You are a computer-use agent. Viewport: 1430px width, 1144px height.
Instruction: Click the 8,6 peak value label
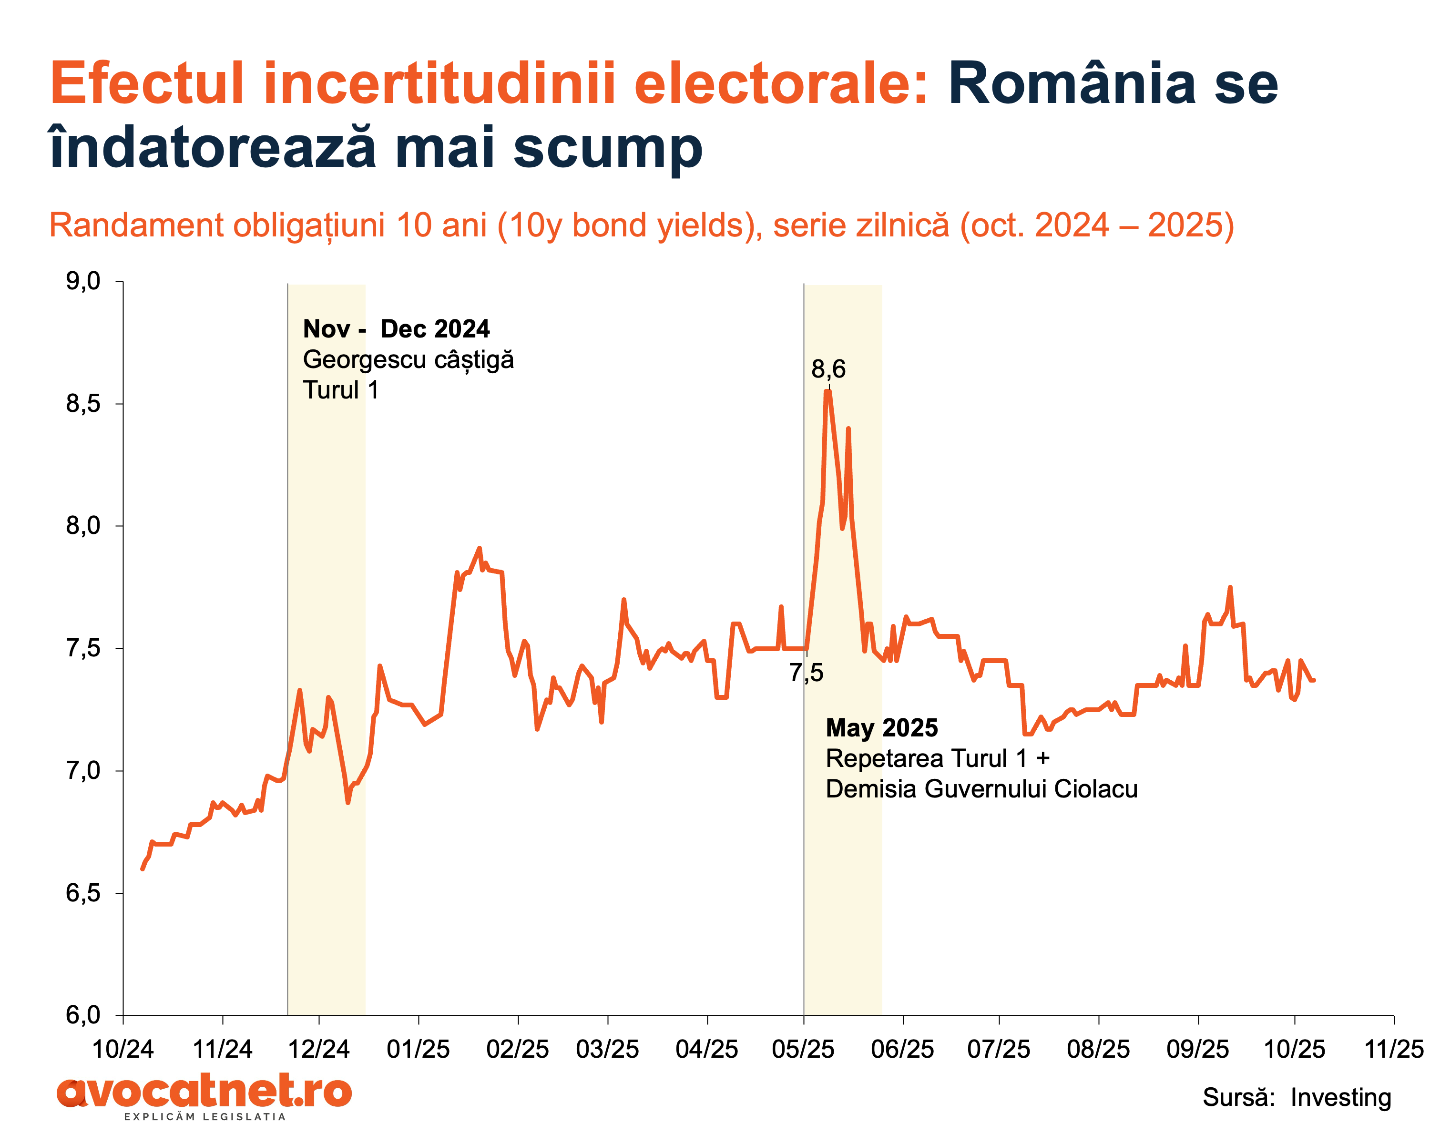coord(828,369)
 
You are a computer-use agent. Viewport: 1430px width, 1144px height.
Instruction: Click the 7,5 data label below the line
coord(806,673)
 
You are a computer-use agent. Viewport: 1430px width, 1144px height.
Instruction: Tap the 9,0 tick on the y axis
coord(83,281)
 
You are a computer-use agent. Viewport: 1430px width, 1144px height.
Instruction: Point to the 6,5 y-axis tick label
coord(83,893)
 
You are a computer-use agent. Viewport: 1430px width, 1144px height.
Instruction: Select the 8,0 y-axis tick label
coord(83,526)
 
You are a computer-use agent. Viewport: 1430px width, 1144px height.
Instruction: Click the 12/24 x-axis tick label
coord(318,1049)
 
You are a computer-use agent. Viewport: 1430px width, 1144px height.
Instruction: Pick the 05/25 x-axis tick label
coord(803,1049)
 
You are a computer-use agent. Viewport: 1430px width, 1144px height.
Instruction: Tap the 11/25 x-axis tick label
coord(1393,1049)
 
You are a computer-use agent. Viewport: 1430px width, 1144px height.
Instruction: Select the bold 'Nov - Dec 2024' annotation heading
coord(396,329)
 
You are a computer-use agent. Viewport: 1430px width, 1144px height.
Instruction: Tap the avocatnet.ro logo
coord(204,1092)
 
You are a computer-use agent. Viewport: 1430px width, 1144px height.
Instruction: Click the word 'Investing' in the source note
coord(1340,1098)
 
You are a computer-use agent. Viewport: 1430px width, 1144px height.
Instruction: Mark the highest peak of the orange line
coord(827,392)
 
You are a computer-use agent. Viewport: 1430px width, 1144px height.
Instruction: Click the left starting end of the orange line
coord(143,869)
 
